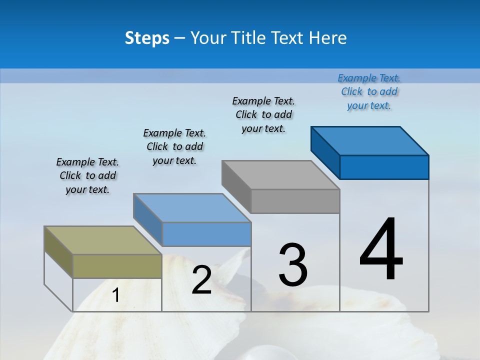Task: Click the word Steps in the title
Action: click(x=147, y=38)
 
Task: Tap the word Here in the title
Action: click(x=328, y=38)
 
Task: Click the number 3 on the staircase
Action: click(x=293, y=265)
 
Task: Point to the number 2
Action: click(x=201, y=280)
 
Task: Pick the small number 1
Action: click(x=115, y=295)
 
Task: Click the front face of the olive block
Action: click(x=117, y=266)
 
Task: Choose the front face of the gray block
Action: click(x=295, y=201)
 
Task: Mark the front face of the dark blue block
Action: click(x=384, y=167)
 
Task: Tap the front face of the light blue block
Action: click(x=206, y=234)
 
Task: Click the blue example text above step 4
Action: click(x=369, y=92)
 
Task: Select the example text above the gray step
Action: click(x=263, y=114)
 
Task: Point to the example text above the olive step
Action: click(x=87, y=175)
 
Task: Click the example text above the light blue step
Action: click(x=174, y=146)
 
